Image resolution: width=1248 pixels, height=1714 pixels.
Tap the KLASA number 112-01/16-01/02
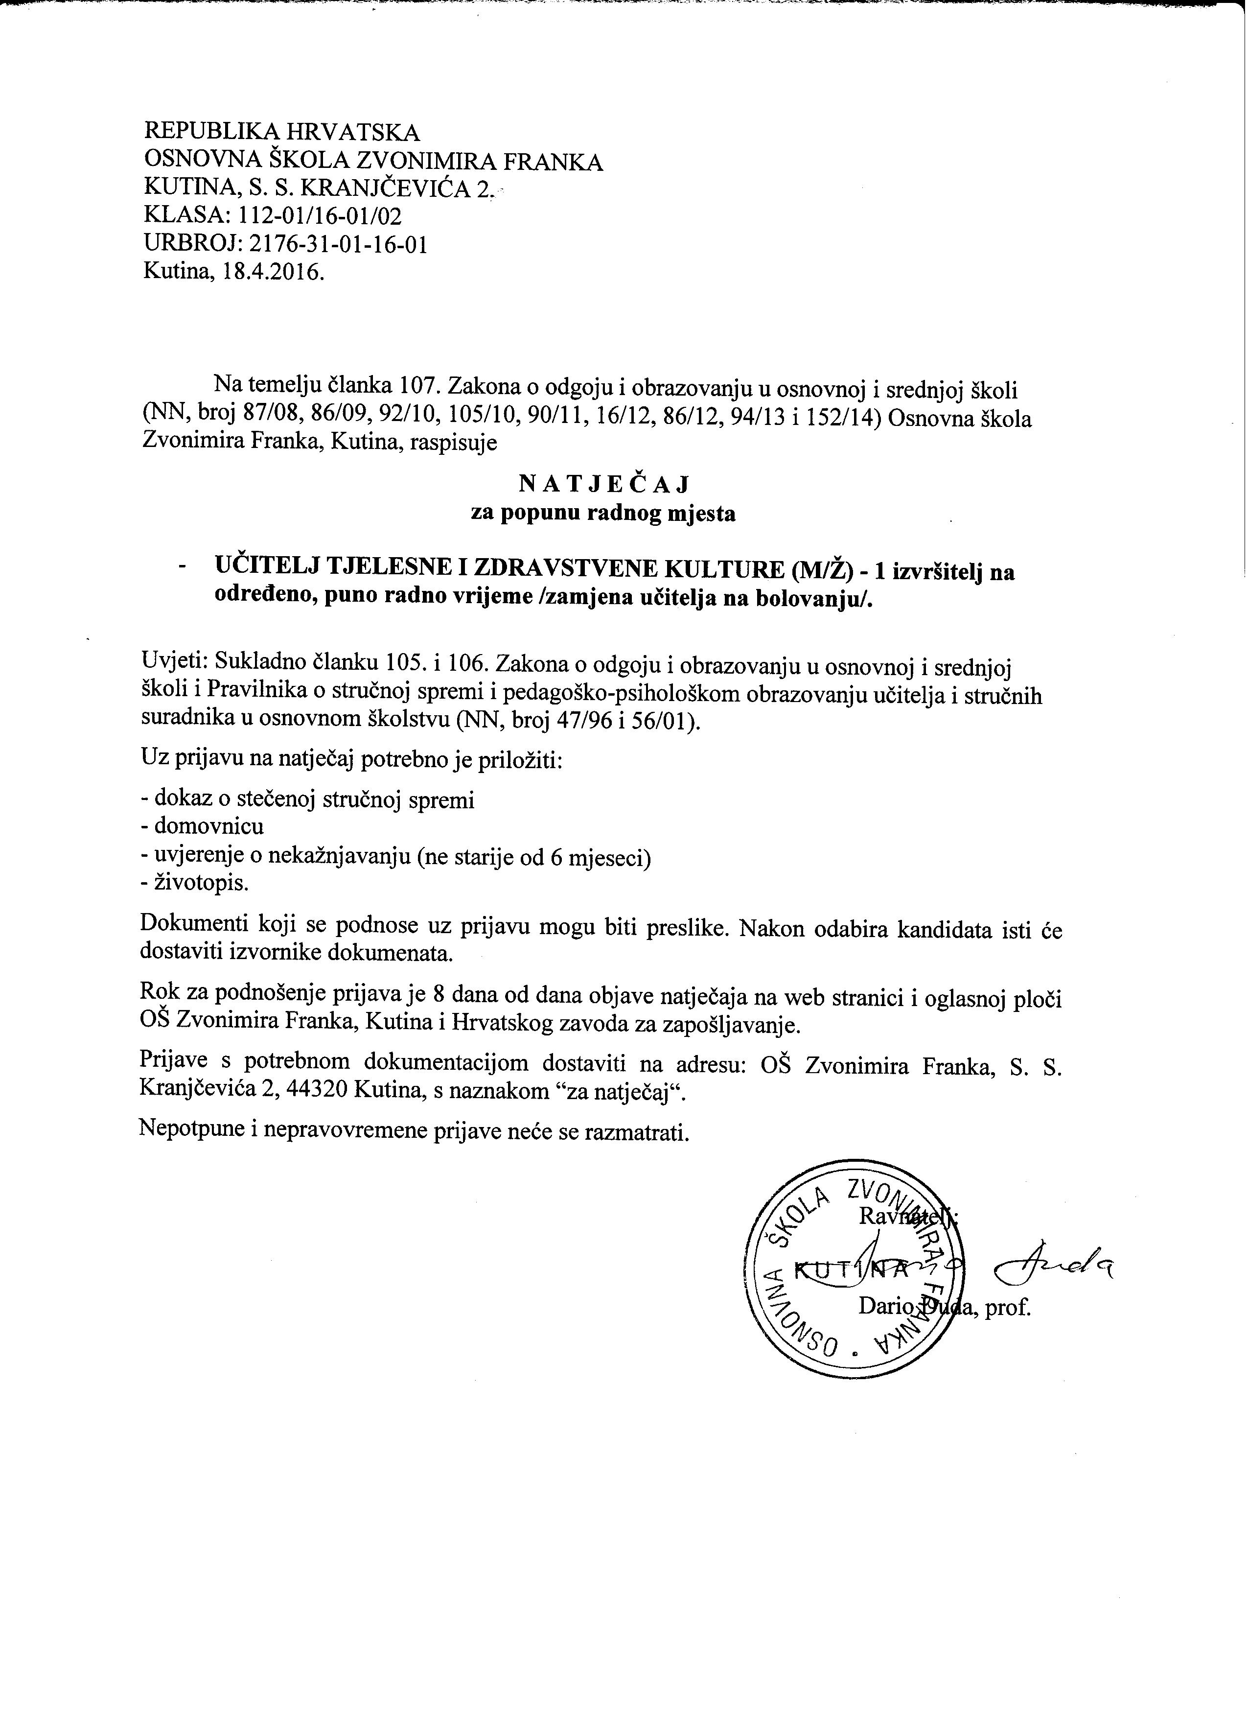tap(320, 217)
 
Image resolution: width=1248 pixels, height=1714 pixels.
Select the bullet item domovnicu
tap(209, 826)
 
